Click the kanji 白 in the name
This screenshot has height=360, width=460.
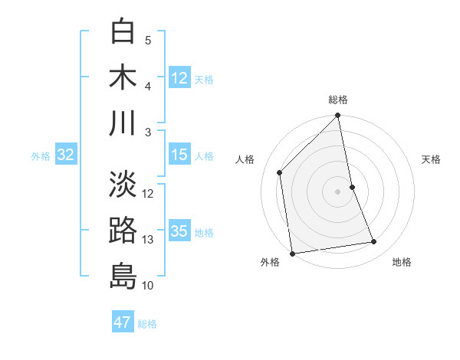(x=123, y=31)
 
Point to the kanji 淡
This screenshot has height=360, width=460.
(x=123, y=184)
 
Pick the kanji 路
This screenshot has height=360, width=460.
(x=123, y=230)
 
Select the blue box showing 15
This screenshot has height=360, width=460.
(x=179, y=155)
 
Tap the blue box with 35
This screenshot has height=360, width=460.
(x=179, y=231)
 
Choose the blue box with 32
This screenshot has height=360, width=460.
(x=66, y=155)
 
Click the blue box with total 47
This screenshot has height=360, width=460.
(x=123, y=322)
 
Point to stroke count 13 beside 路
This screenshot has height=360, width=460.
(x=148, y=240)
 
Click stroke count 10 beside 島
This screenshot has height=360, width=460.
(x=148, y=286)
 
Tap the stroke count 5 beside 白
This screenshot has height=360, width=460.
(x=148, y=41)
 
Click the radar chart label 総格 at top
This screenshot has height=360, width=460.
(x=338, y=100)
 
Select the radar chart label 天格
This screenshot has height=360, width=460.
(x=432, y=159)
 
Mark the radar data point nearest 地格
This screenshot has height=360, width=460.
(x=374, y=242)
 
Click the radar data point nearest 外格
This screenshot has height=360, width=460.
(x=292, y=254)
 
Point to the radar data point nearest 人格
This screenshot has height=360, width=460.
(x=280, y=172)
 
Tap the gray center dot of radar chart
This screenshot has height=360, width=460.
(x=338, y=191)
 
